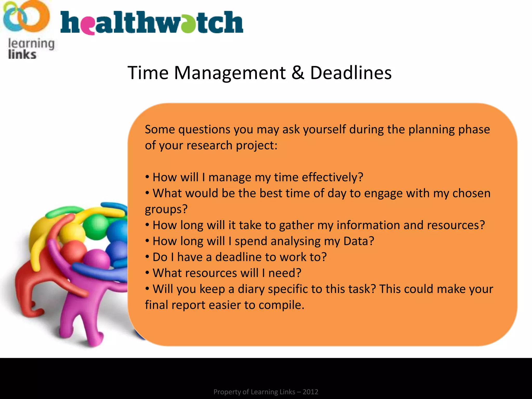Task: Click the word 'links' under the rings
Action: pos(22,55)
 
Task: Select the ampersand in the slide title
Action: pos(298,73)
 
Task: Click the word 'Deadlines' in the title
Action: pos(351,73)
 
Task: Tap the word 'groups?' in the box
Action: pos(166,209)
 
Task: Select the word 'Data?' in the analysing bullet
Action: pos(358,241)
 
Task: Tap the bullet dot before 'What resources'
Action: pos(147,273)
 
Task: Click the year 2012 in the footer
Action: pos(310,392)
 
